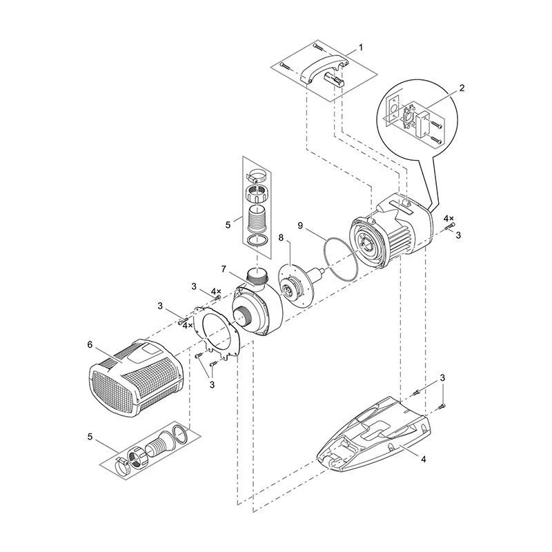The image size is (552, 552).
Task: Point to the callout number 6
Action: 90,344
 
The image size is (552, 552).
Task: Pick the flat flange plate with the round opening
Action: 217,332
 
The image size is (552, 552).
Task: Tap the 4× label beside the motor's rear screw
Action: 448,218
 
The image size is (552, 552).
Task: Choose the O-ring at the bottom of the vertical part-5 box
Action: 258,241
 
